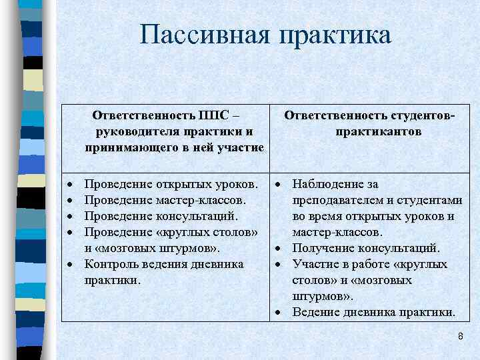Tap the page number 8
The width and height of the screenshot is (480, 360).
[x=460, y=337]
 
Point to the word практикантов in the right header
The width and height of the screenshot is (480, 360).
[x=378, y=131]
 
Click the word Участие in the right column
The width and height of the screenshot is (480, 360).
[x=314, y=264]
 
